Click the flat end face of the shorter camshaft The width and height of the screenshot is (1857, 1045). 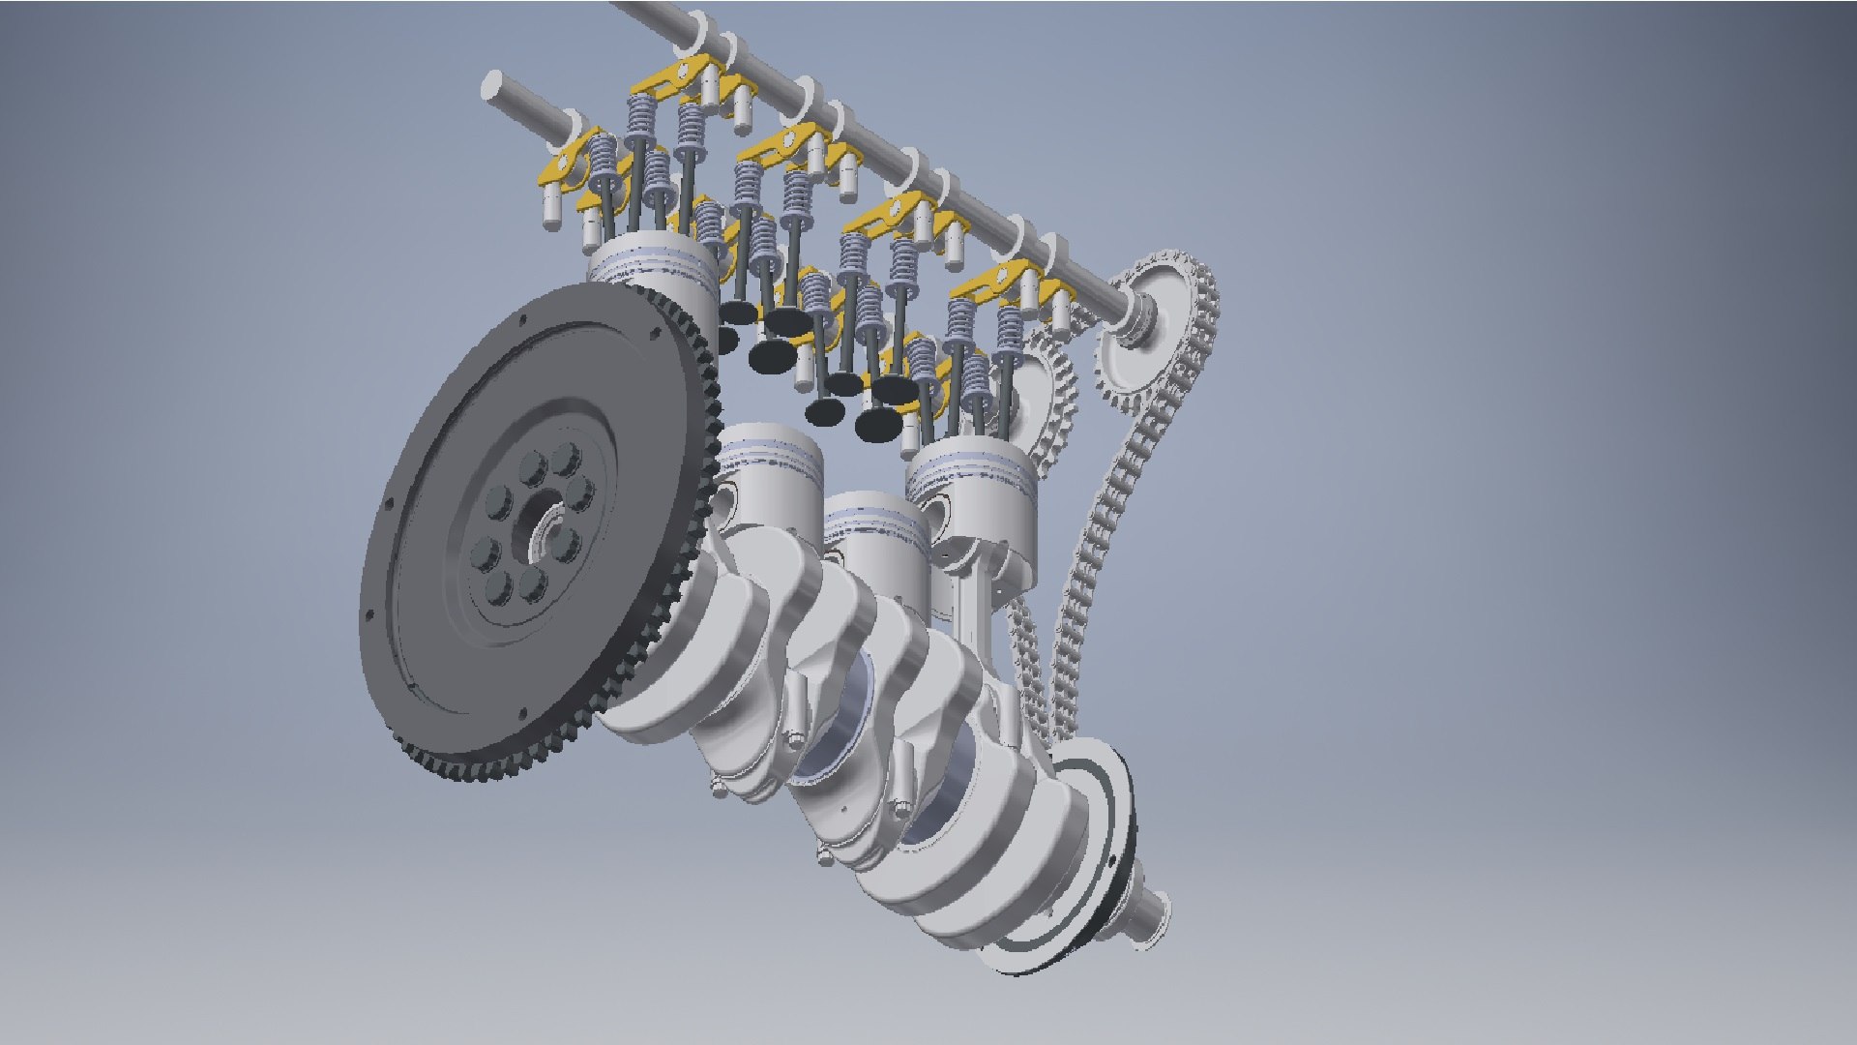[x=493, y=86]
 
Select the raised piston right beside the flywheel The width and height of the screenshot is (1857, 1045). [x=653, y=266]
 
